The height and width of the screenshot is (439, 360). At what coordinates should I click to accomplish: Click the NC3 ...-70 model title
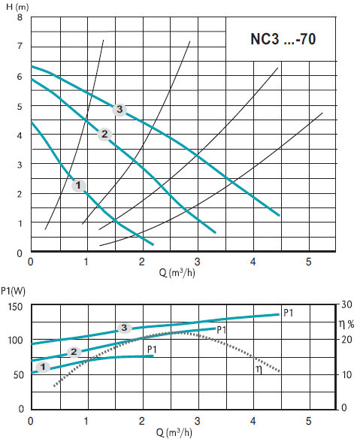pos(283,39)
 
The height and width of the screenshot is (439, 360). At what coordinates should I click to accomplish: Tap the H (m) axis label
pos(17,7)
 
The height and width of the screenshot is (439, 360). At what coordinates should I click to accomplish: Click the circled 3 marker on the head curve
pos(119,109)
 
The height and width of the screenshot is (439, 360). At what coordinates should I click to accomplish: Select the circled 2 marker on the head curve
pos(104,135)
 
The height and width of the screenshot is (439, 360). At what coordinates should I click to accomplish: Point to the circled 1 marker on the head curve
pos(78,186)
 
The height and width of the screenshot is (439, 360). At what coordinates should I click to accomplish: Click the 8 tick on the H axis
pos(20,17)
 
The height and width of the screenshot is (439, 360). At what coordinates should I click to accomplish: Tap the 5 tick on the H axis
pos(20,107)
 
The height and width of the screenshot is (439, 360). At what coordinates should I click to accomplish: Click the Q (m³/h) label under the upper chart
pos(177,272)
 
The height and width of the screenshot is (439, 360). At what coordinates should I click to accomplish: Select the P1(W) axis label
pos(13,291)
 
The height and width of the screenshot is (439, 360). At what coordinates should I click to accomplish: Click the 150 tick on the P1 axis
pos(15,307)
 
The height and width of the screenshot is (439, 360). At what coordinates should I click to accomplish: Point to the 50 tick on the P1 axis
pos(18,375)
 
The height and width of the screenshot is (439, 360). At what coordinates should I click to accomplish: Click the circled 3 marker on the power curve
pos(124,328)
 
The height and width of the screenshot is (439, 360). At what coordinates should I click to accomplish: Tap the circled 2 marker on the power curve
pos(74,352)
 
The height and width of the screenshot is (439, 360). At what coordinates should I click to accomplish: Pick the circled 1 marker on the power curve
pos(43,367)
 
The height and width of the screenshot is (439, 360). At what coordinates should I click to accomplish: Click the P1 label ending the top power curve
pos(289,313)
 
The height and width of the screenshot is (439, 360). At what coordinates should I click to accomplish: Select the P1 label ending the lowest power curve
pos(152,350)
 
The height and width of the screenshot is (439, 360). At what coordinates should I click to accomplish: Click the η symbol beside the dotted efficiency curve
pos(259,370)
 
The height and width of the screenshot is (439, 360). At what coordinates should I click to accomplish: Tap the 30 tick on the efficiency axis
pos(346,304)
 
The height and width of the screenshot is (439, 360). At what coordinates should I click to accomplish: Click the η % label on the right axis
pos(346,324)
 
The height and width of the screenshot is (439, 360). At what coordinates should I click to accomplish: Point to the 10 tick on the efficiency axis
pos(346,374)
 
